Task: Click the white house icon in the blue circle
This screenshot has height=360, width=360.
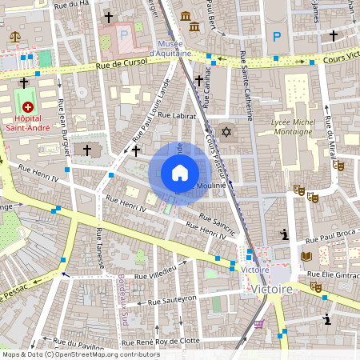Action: (x=179, y=173)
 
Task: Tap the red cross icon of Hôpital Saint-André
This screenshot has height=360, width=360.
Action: (x=30, y=106)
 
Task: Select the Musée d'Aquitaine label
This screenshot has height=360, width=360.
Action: (x=177, y=48)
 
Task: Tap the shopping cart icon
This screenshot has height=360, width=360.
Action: (x=258, y=324)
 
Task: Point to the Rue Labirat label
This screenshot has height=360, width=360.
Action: (x=177, y=116)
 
